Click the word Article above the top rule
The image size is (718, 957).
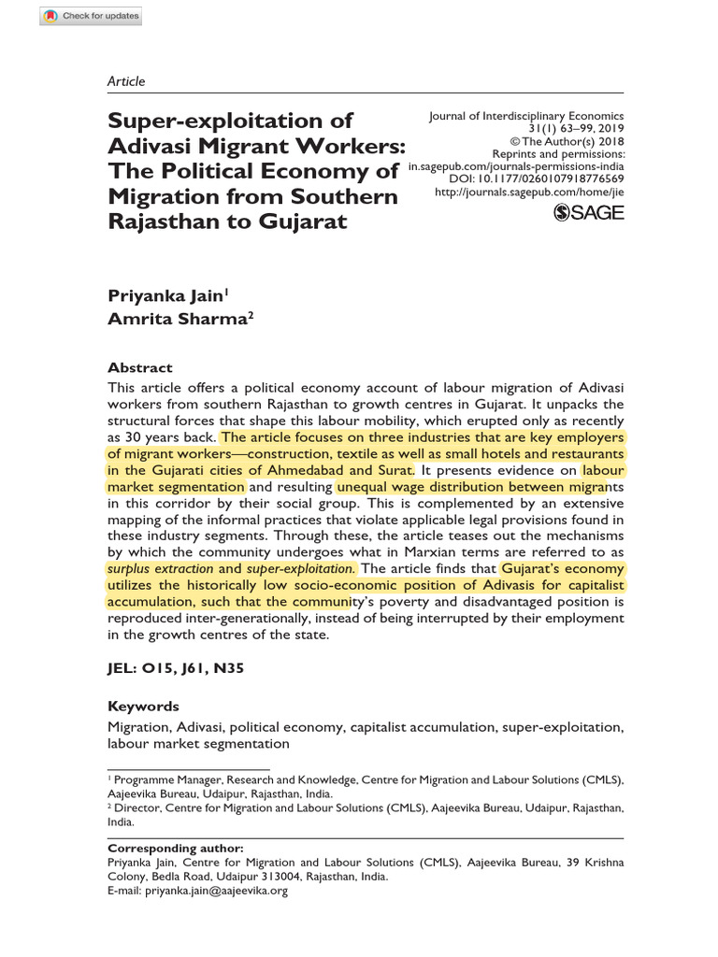[126, 81]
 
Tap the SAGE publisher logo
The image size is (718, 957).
[589, 213]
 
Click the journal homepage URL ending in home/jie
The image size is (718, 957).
[529, 192]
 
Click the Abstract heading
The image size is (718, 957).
[140, 367]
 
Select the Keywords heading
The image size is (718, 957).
[143, 706]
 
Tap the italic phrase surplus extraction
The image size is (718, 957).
[160, 568]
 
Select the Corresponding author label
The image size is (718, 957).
[176, 848]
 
